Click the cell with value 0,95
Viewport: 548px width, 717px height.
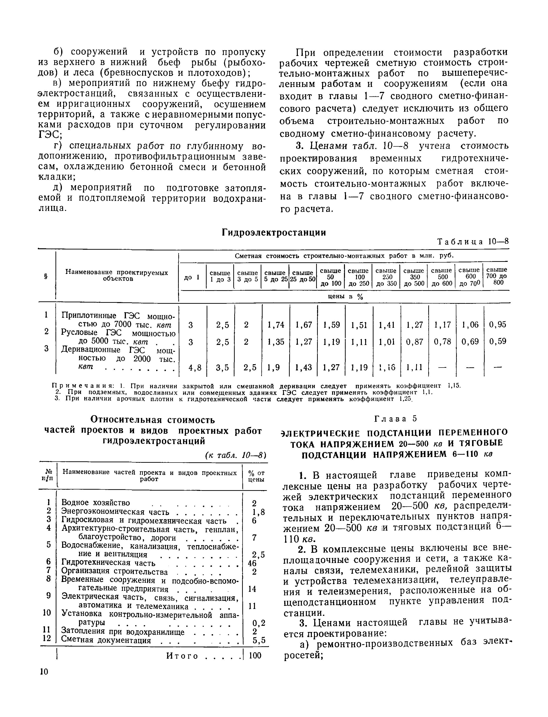pos(498,324)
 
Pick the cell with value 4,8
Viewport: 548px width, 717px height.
pos(195,368)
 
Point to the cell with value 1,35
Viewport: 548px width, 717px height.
pos(276,342)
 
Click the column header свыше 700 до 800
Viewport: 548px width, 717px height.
pos(497,276)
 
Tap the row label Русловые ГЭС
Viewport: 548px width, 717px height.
pos(118,337)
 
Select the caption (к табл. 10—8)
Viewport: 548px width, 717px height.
pos(236,455)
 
